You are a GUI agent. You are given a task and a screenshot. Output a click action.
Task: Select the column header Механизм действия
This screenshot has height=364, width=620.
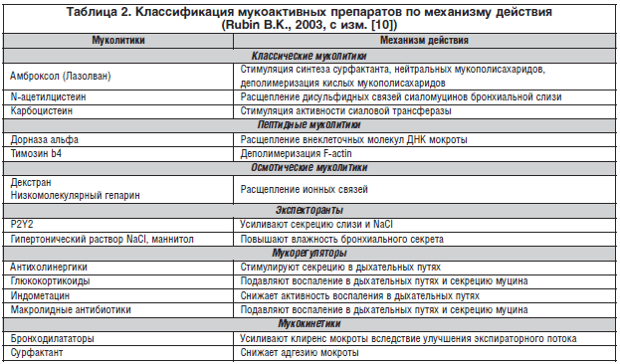[x=424, y=44]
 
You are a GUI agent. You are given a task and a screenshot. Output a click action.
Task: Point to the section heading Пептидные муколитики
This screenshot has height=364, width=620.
[x=309, y=127]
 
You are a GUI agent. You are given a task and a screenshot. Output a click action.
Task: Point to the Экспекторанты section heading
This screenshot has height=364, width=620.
[x=309, y=211]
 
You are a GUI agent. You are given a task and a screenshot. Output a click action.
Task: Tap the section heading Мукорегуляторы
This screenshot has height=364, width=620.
[x=309, y=254]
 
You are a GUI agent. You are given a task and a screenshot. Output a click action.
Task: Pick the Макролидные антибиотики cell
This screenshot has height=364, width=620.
[x=67, y=310]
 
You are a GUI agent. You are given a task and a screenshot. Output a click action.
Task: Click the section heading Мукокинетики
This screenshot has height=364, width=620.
[x=309, y=324]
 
